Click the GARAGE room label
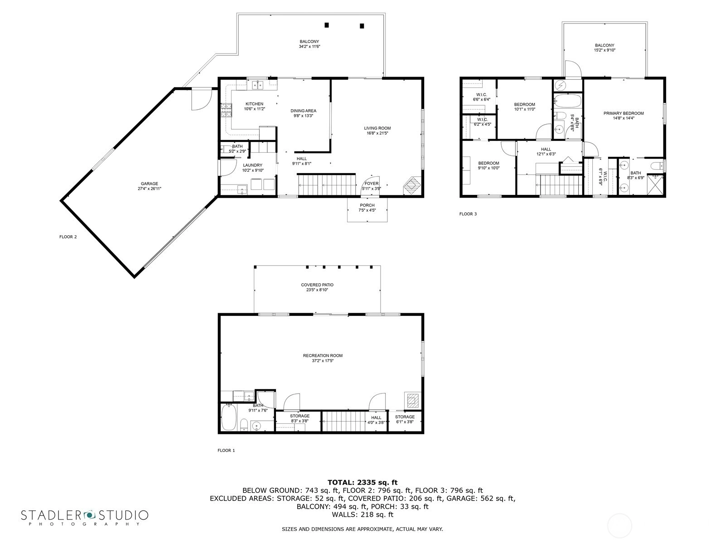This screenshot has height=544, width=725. (x=149, y=184)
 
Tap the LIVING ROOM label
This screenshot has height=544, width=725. (x=377, y=128)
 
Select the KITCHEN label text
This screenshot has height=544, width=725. (x=254, y=104)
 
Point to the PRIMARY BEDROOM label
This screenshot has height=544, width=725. (x=623, y=113)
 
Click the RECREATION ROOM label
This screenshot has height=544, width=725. (x=323, y=355)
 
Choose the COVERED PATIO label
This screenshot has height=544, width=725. (x=317, y=285)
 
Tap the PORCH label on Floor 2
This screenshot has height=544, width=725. (x=367, y=205)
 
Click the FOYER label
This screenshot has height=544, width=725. (x=372, y=184)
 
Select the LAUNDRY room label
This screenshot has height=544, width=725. (x=253, y=165)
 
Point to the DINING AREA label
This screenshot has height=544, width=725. (x=303, y=111)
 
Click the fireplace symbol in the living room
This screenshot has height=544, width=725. (x=412, y=186)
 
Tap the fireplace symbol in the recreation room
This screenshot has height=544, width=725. (x=412, y=401)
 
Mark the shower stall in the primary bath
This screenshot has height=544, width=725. (x=655, y=185)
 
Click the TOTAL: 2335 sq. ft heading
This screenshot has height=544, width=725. (x=362, y=482)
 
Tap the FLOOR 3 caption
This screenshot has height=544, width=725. (x=468, y=214)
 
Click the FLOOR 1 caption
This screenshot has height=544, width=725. (x=226, y=450)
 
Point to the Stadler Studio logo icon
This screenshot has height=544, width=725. (x=89, y=515)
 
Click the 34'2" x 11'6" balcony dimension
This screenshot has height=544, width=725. (x=309, y=47)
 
